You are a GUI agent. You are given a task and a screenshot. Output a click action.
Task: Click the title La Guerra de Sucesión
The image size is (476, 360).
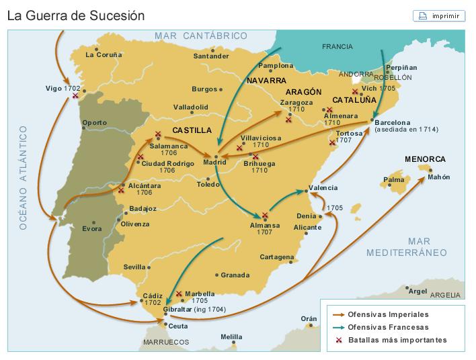coord(76,15)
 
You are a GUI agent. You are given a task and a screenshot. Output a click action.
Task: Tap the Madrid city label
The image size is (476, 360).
coord(214,162)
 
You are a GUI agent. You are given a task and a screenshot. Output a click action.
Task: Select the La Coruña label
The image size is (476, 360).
coord(104,55)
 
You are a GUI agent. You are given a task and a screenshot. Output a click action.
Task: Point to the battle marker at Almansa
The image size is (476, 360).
coord(265,216)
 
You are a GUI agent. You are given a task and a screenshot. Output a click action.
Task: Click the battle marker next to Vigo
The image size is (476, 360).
coord(75,96)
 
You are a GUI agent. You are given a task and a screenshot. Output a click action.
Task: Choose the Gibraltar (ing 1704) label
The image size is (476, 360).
coord(194,310)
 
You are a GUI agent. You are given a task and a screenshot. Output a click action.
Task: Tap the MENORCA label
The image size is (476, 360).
coord(425,159)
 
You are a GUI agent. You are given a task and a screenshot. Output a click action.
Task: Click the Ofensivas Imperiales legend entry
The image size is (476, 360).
coord(387,314)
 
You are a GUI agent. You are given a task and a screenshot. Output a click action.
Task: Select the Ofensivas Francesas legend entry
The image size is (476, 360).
coord(387,327)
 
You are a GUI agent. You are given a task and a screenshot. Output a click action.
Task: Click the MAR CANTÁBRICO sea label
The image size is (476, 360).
coord(200,36)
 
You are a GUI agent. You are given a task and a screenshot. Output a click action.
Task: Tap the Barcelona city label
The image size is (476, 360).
coord(392,122)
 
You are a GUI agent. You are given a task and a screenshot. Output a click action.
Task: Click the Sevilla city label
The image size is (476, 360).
coord(134,267)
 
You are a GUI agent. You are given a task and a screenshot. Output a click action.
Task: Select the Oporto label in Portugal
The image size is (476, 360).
coord(94,123)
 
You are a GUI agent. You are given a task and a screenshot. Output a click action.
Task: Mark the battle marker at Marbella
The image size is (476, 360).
coord(179,294)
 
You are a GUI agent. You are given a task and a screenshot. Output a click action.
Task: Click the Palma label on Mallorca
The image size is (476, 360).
coord(393,180)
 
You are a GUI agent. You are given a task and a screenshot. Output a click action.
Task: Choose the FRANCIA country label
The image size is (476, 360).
coord(337,47)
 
